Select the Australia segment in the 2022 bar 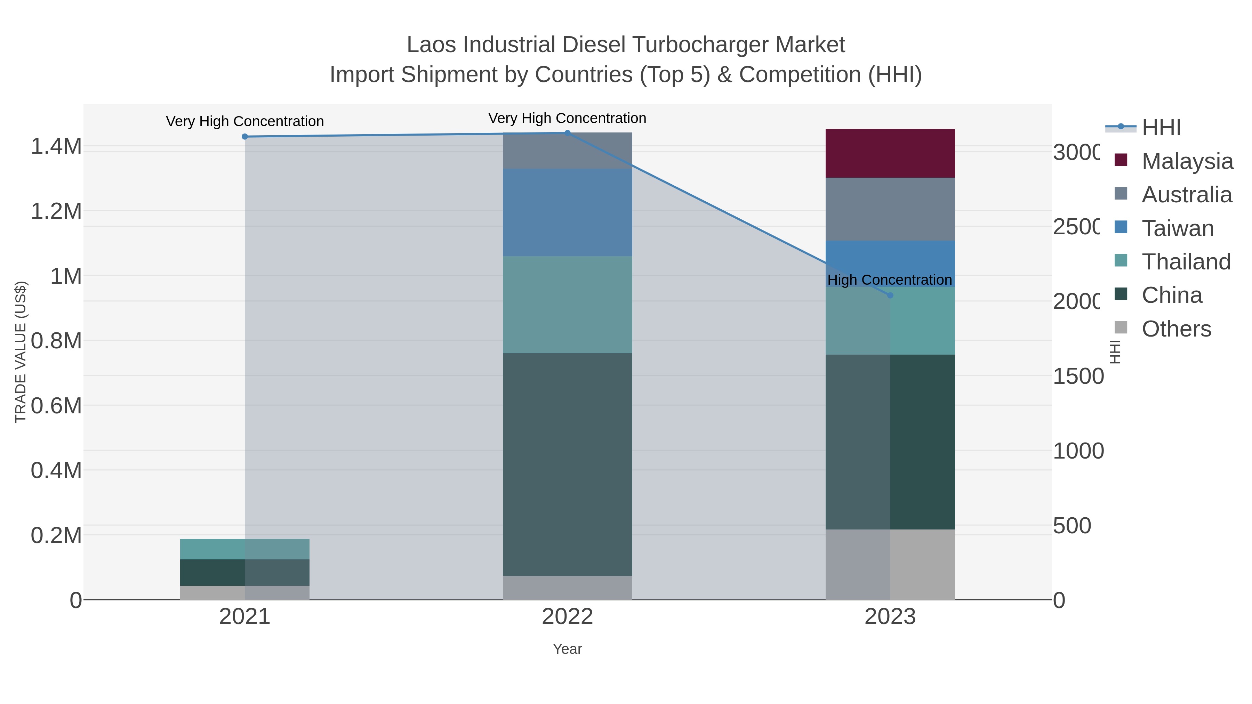pyautogui.click(x=567, y=151)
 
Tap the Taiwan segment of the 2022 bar pyautogui.click(x=567, y=212)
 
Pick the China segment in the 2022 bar pyautogui.click(x=567, y=464)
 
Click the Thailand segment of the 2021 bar pyautogui.click(x=244, y=549)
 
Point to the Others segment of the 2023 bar pyautogui.click(x=890, y=564)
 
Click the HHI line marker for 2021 pyautogui.click(x=245, y=137)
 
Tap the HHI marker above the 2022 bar pyautogui.click(x=567, y=133)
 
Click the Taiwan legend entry pyautogui.click(x=1177, y=228)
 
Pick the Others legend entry pyautogui.click(x=1176, y=329)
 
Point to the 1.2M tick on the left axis pyautogui.click(x=56, y=211)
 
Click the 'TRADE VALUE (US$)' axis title pyautogui.click(x=21, y=352)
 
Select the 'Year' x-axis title pyautogui.click(x=567, y=649)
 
